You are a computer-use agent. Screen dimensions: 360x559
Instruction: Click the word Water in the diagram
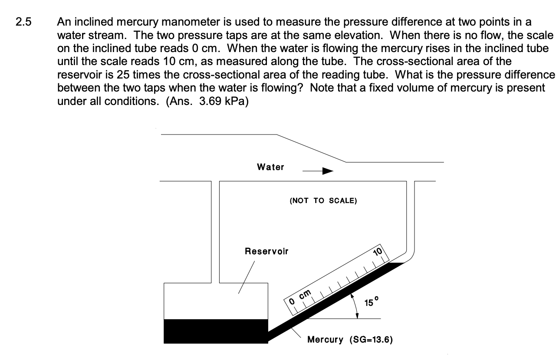(270, 167)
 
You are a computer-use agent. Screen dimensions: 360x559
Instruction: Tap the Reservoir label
(266, 251)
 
